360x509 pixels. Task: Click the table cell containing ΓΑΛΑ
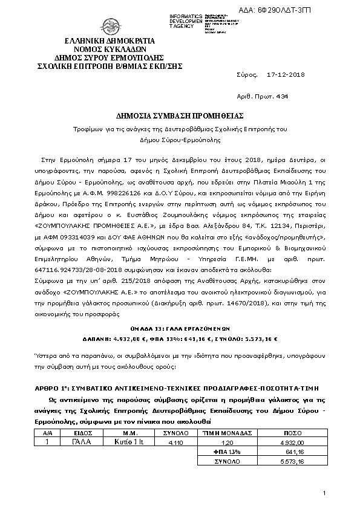[x=80, y=443]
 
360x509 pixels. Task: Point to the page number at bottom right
[x=324, y=494]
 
